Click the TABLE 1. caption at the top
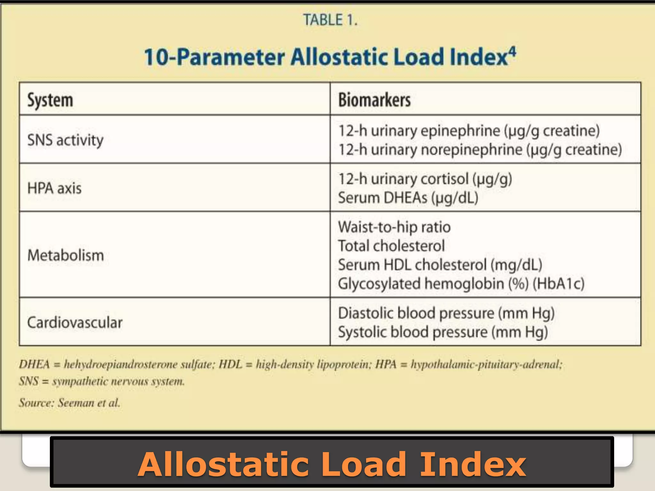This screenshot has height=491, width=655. [330, 20]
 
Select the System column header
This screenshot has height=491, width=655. [50, 100]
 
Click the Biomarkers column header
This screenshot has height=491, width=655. [374, 100]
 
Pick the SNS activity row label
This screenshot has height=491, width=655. [65, 140]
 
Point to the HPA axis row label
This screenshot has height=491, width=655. [54, 188]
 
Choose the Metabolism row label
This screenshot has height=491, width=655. [66, 255]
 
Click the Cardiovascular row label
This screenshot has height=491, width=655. [75, 322]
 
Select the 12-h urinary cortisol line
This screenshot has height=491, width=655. [425, 179]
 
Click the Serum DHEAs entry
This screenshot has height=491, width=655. [408, 198]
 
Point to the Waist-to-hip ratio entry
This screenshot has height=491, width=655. [394, 227]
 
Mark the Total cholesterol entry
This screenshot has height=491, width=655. [391, 246]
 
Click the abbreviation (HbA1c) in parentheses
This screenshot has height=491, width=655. [558, 284]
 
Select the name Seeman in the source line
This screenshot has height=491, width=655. [76, 402]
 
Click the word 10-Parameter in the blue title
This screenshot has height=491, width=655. [214, 57]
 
